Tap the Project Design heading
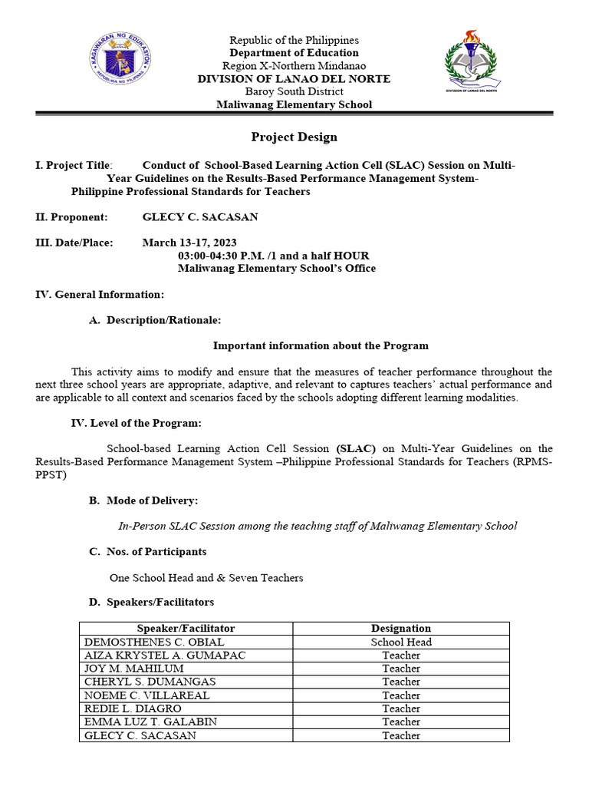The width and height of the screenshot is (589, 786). (294, 137)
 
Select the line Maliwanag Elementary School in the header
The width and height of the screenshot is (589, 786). (294, 104)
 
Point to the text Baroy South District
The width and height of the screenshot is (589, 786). (294, 91)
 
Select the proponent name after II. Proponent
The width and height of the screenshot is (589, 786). (200, 217)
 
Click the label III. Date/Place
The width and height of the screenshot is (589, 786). (74, 243)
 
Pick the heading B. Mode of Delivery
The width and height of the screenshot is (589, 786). (143, 500)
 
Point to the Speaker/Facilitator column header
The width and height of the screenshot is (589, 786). (186, 628)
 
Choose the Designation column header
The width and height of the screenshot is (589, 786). (401, 628)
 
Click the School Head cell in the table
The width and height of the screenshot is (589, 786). (401, 642)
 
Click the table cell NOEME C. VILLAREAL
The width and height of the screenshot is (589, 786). (146, 695)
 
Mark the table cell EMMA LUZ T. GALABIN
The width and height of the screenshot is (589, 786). (150, 722)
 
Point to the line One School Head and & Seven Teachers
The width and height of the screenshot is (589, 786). (206, 577)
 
